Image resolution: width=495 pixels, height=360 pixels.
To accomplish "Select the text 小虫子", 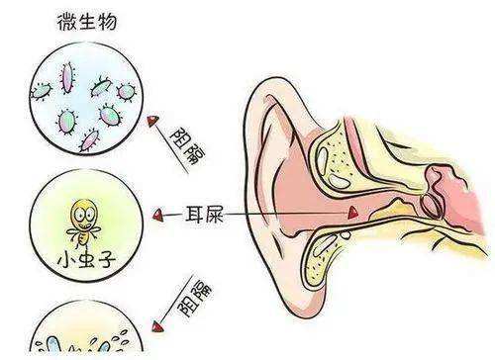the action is click(82, 265).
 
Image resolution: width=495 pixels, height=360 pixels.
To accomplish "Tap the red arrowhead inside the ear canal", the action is click(352, 213).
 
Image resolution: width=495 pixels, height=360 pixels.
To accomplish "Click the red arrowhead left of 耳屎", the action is click(158, 213).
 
